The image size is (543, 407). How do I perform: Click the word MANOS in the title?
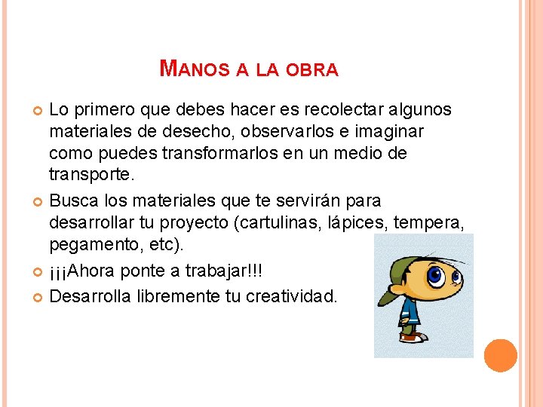coord(194,69)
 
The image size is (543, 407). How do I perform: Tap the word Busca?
coord(73,201)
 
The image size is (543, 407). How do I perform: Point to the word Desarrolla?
coord(90,295)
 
